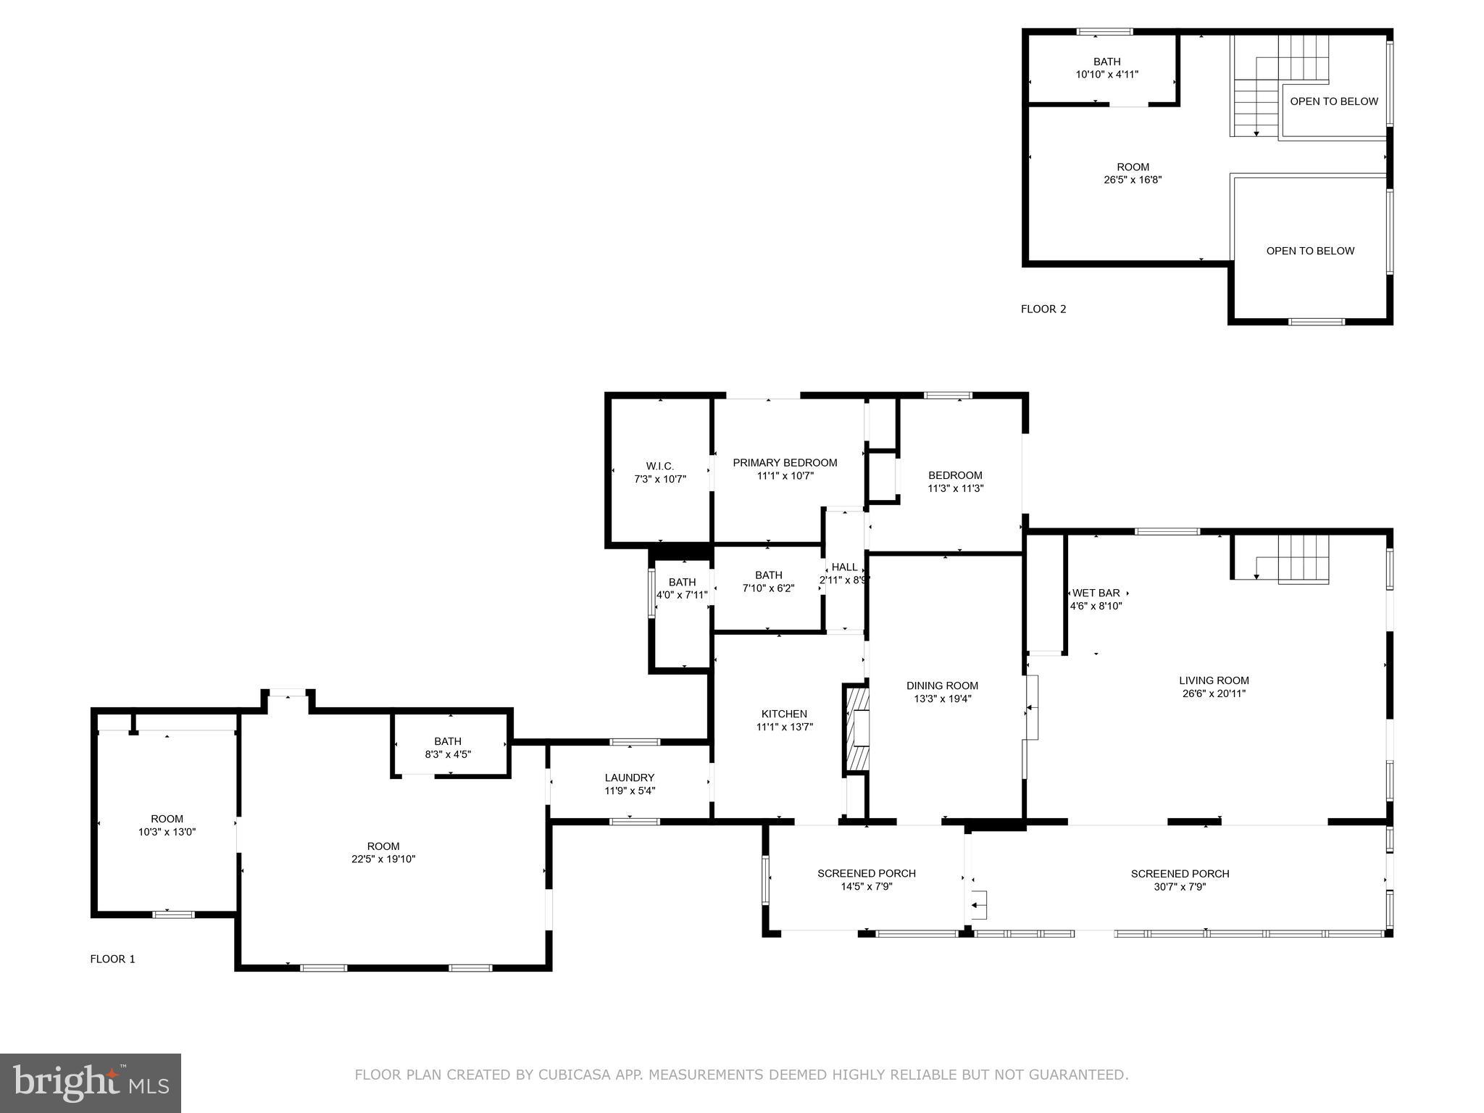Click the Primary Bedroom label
(785, 462)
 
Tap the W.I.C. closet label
(659, 466)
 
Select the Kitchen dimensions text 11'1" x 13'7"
(784, 727)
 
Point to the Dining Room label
(942, 685)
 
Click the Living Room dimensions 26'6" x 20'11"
(1214, 693)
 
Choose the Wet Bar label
(1096, 593)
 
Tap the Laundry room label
(630, 778)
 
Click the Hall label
(844, 567)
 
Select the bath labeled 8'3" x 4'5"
(448, 747)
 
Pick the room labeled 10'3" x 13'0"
(167, 825)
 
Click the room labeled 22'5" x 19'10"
(383, 852)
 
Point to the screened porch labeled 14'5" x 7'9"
(867, 880)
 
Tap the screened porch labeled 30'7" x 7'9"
(1180, 880)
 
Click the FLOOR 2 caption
(1043, 309)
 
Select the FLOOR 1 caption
(112, 959)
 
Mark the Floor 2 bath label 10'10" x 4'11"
(1106, 67)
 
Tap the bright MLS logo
(91, 1083)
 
